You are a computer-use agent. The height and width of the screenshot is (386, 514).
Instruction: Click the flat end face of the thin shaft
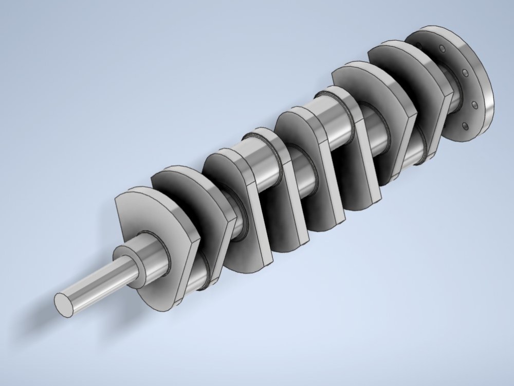[x=64, y=304]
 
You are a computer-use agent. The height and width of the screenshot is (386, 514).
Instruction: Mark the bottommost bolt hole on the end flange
[x=465, y=126]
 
